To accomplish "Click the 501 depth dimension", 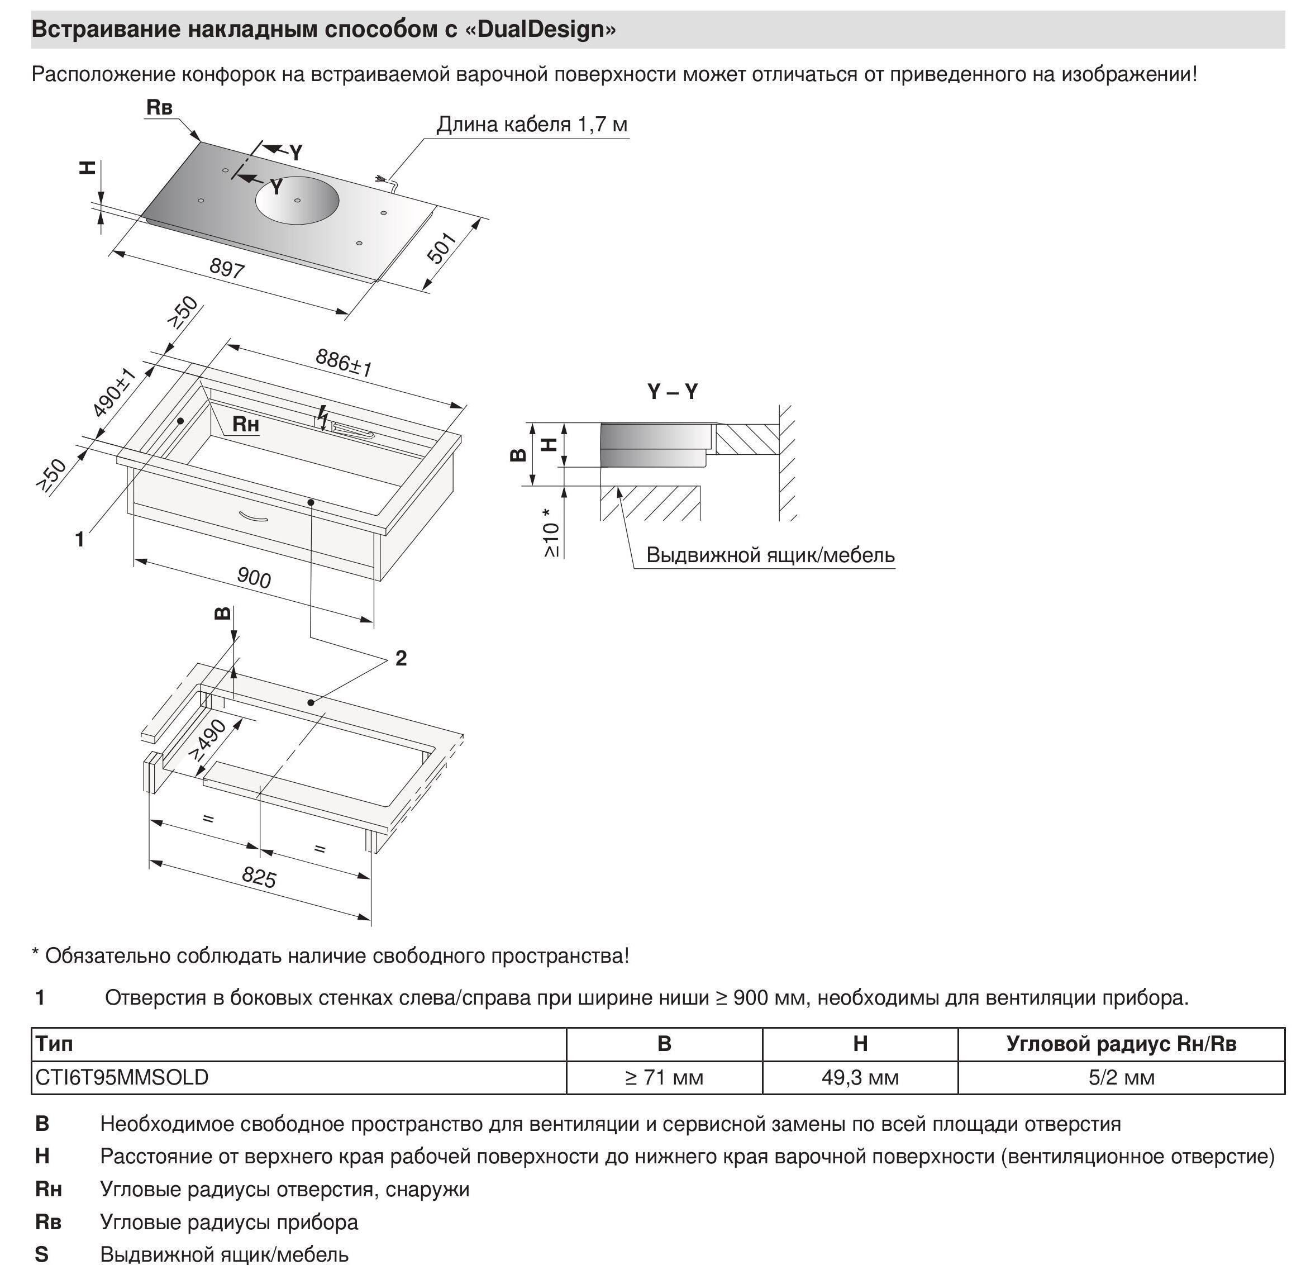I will [442, 248].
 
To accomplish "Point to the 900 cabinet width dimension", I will [254, 578].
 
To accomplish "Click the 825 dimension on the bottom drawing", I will [259, 877].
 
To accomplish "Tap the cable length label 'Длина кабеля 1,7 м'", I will [531, 125].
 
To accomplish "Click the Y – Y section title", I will [672, 392].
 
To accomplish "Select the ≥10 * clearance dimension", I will [551, 532].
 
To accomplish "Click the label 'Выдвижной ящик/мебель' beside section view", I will [770, 555].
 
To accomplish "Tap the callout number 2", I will [401, 658].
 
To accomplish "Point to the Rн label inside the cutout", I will [245, 424].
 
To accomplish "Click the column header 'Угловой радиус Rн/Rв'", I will [1121, 1044].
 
